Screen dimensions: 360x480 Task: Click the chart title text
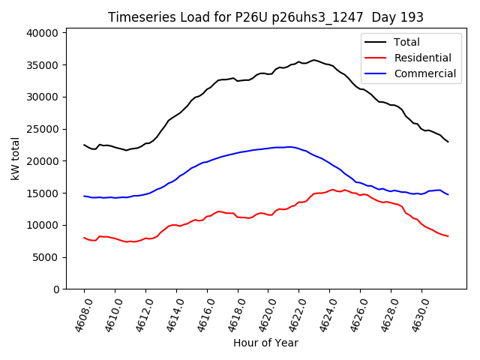265,17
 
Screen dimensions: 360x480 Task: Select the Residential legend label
422,58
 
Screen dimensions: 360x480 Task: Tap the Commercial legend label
424,73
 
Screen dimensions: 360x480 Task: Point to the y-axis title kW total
15,158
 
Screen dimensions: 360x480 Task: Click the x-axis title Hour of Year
265,343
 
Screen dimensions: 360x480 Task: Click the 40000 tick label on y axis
43,33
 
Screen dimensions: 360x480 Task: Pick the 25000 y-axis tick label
43,129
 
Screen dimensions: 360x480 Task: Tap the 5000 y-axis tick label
46,257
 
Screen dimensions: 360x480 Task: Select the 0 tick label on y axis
56,289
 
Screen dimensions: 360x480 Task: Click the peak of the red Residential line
333,190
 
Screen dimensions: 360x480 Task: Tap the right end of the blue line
448,195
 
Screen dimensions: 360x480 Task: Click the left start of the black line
84,145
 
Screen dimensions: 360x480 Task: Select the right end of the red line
448,236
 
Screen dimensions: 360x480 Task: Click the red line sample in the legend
377,58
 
